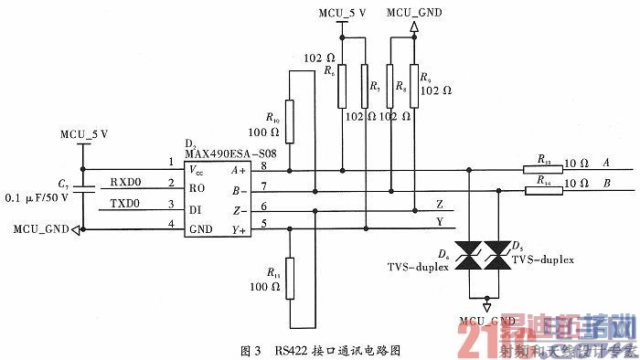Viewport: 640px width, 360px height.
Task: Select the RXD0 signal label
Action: click(126, 181)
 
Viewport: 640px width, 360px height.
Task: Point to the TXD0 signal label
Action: click(126, 202)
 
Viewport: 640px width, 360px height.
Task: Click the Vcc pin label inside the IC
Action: click(197, 170)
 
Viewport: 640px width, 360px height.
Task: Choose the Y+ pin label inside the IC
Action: click(240, 229)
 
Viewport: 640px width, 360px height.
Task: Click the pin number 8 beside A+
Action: click(264, 164)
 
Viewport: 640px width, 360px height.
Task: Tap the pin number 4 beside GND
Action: click(171, 224)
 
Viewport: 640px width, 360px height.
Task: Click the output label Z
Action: click(441, 205)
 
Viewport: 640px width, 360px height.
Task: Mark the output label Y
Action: click(441, 221)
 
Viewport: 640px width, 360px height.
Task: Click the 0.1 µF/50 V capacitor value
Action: click(36, 197)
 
